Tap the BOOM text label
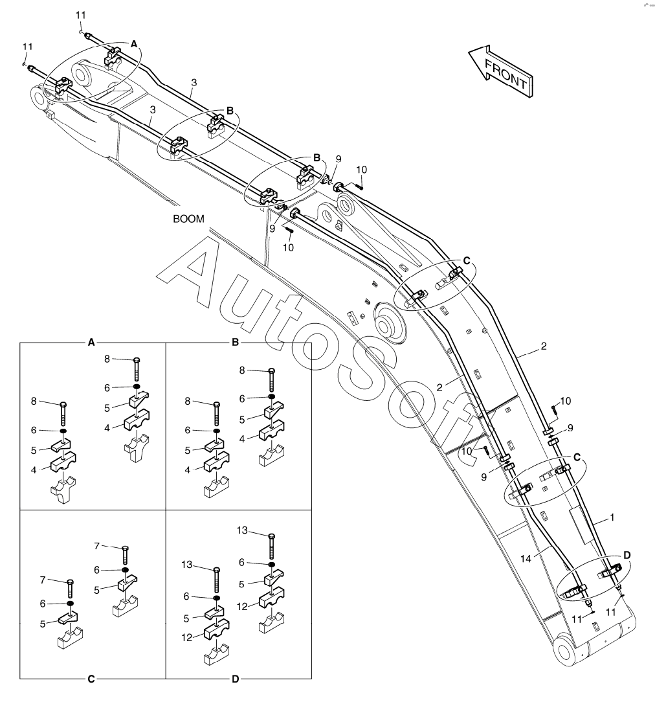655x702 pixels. (x=188, y=219)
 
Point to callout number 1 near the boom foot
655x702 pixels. (x=612, y=518)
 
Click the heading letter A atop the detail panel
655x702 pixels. (x=91, y=341)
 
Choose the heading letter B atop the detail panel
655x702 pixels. (x=236, y=341)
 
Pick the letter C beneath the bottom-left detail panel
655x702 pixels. (x=91, y=679)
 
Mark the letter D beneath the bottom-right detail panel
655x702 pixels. (x=236, y=679)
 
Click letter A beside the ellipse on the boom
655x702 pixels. (x=134, y=43)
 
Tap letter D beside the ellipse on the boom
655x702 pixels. (x=627, y=556)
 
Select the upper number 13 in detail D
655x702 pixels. (x=242, y=531)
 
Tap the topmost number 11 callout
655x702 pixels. (x=80, y=15)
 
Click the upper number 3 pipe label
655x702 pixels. (x=194, y=82)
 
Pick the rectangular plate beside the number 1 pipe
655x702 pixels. (x=581, y=525)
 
